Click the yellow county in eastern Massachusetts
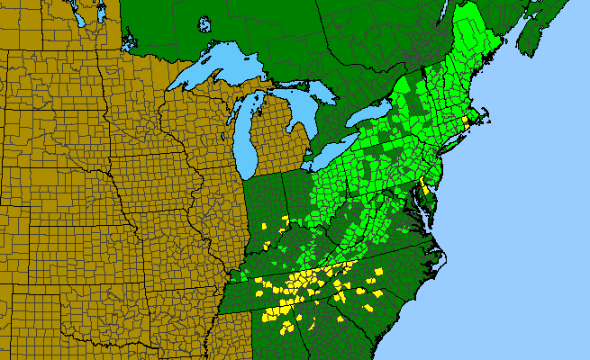(x=465, y=120)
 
